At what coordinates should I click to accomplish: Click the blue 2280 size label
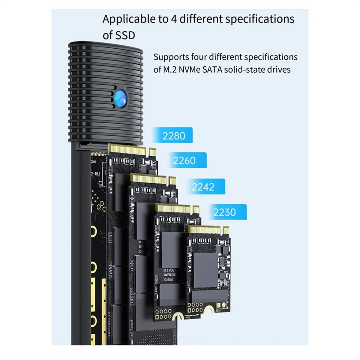pos(173,136)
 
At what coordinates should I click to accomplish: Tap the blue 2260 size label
pos(184,161)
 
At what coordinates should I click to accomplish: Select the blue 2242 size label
pos(203,187)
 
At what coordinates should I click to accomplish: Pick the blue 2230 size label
pos(224,212)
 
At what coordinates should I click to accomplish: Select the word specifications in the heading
pos(259,19)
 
